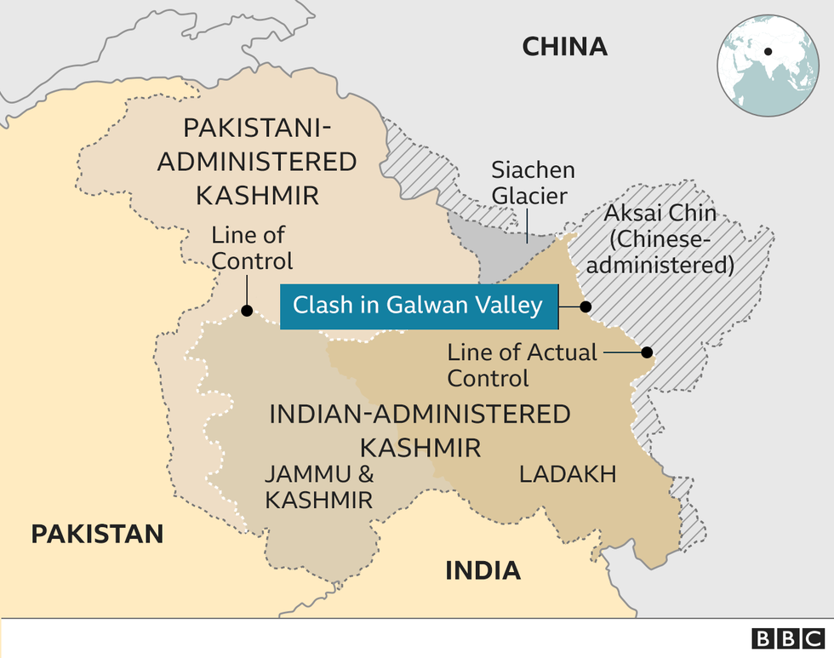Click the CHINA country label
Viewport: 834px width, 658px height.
coord(565,46)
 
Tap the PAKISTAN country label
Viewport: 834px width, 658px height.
coord(97,534)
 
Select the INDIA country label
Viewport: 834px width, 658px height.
coord(483,569)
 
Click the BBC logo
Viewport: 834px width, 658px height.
coord(785,638)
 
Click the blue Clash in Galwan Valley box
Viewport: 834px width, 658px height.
coord(419,306)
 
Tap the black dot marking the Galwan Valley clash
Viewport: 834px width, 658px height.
coord(586,306)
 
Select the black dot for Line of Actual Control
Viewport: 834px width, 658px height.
coord(647,352)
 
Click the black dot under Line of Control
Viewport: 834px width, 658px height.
coord(246,310)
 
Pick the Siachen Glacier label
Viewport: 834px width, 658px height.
coord(533,182)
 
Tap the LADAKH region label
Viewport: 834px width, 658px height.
coord(568,474)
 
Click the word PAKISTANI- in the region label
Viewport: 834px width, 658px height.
coord(257,129)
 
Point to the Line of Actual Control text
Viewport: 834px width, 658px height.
coord(522,364)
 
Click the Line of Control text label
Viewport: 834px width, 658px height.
coord(248,248)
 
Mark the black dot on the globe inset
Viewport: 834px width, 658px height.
coord(768,51)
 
